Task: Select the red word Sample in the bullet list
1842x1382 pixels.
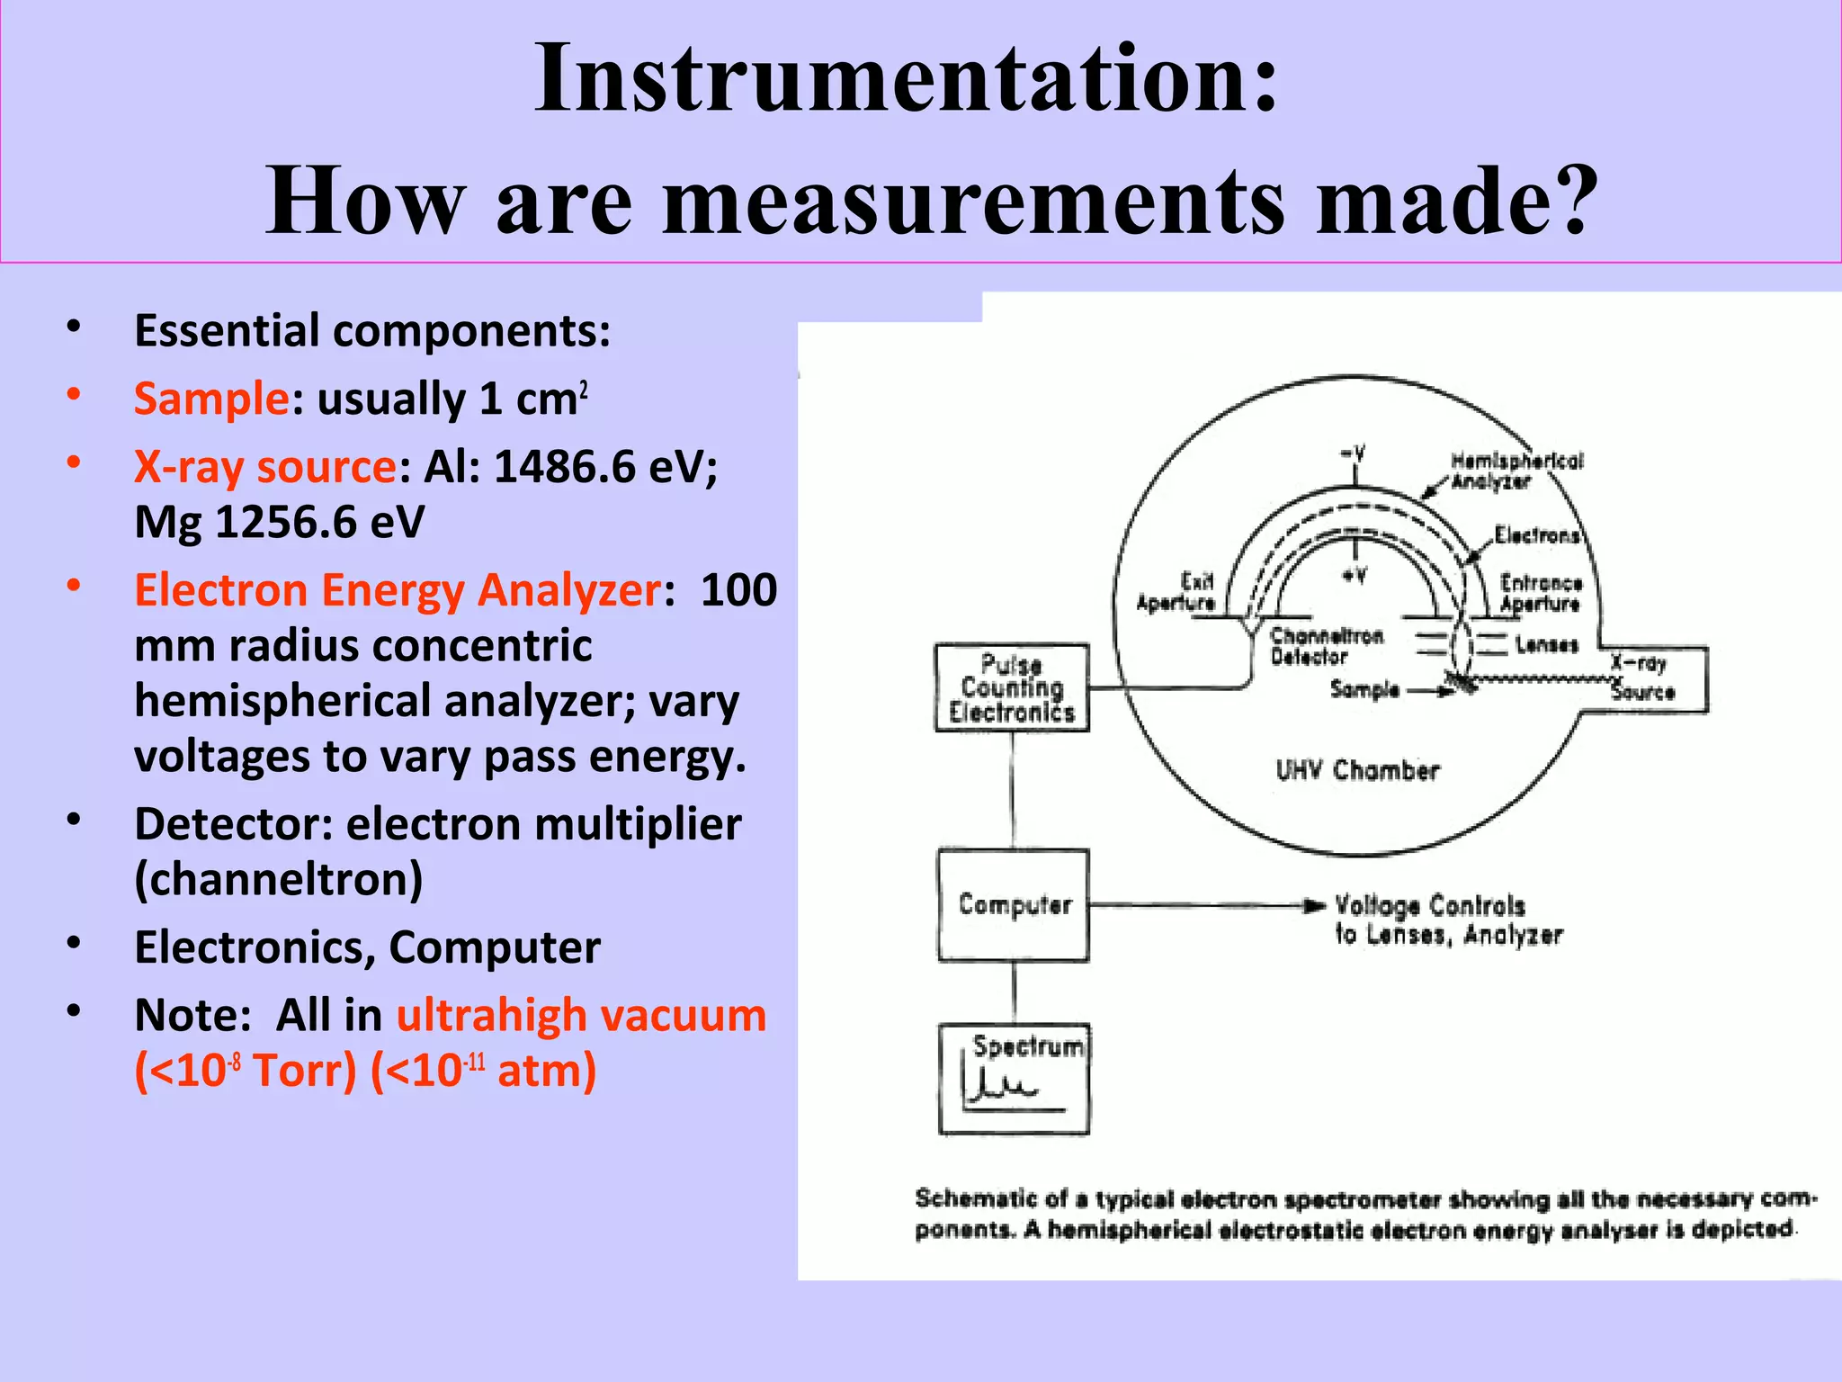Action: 210,399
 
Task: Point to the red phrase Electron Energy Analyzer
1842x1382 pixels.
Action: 397,590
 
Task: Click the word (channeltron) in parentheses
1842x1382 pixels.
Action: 278,879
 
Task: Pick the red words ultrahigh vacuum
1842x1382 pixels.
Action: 581,1015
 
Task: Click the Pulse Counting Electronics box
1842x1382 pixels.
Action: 1012,688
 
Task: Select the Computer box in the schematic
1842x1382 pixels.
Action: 1014,905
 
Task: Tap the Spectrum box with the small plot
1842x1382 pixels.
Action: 1014,1079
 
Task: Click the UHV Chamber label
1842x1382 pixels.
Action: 1357,771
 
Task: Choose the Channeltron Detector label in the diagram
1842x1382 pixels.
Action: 1325,646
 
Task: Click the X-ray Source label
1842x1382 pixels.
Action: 1641,678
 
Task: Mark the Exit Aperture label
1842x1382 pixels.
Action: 1176,592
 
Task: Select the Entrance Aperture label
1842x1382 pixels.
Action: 1540,593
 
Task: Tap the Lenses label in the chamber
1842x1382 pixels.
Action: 1546,645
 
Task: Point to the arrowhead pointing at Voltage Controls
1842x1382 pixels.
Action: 1315,905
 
